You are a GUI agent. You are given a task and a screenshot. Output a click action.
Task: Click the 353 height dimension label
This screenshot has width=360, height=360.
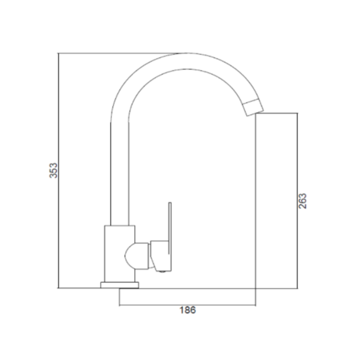click(x=53, y=170)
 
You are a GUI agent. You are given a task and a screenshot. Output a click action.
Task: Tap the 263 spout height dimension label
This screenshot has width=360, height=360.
click(x=303, y=201)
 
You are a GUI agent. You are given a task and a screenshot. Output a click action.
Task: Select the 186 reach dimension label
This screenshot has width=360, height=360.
click(x=188, y=310)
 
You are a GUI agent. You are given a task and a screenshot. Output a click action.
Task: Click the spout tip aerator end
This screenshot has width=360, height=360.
click(x=253, y=107)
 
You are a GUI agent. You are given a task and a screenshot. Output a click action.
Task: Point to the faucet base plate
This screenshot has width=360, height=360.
click(x=120, y=285)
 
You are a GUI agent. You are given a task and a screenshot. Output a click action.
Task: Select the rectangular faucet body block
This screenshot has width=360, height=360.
click(x=120, y=254)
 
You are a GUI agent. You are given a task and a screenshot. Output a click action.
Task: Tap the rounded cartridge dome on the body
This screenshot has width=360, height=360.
click(x=136, y=256)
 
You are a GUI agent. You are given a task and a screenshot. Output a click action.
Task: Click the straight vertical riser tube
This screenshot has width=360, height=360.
click(x=120, y=174)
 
